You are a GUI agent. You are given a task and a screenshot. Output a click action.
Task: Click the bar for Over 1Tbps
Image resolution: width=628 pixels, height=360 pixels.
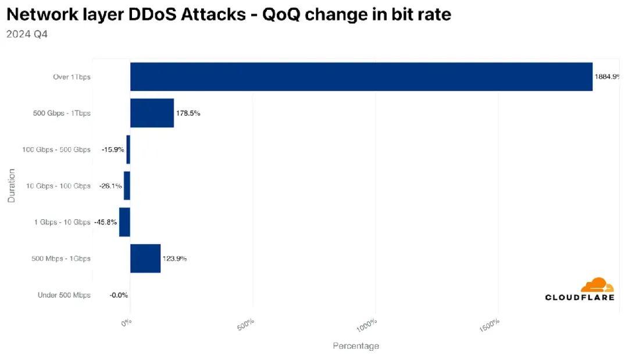pos(361,77)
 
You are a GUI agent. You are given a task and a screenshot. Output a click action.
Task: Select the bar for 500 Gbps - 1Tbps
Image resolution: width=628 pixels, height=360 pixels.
pos(152,113)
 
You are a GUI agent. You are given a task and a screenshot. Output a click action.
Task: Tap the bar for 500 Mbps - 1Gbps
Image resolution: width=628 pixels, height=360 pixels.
pos(145,258)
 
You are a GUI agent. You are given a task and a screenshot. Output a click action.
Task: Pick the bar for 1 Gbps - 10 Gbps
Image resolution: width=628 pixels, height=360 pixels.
pos(124,222)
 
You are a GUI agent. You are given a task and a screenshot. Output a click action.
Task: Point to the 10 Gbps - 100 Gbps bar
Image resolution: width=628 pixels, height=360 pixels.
pos(127,186)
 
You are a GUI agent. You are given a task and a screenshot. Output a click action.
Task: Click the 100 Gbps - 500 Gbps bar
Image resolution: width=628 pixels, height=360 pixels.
pos(128,149)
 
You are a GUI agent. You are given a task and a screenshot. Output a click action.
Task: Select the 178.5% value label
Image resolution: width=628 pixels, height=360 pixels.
pos(188,113)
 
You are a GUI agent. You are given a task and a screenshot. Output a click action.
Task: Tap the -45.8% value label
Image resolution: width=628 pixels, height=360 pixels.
pos(105,222)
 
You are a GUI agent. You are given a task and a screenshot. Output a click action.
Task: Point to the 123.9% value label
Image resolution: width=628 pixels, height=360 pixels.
pos(174,258)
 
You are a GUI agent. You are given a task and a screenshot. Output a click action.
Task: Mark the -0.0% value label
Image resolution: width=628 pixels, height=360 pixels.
pos(119,295)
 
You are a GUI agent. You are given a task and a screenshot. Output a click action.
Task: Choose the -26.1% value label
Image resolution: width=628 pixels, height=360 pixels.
pos(110,186)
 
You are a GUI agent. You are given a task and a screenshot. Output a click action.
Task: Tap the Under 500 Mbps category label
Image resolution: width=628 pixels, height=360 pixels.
pos(64,295)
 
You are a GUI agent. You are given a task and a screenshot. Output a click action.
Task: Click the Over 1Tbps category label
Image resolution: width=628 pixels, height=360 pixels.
pos(72,77)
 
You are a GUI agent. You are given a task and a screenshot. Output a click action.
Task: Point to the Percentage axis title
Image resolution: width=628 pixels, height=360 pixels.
pos(355,346)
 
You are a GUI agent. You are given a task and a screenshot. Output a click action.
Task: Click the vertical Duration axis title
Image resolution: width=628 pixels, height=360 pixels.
pos(12,186)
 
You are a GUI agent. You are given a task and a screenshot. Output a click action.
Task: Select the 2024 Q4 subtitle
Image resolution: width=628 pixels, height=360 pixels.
pos(27,34)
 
